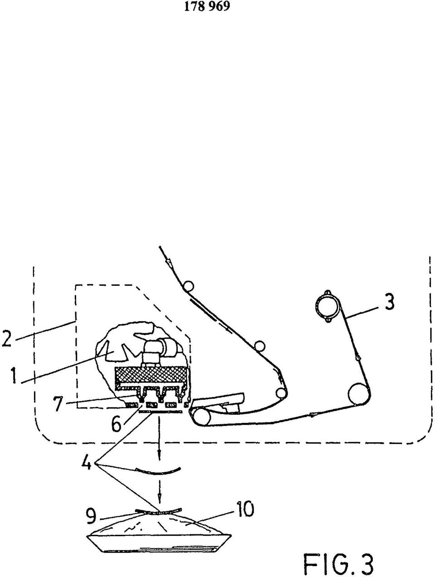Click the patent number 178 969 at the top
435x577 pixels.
tap(207, 6)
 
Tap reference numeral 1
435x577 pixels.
tap(14, 376)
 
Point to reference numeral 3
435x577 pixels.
tap(389, 302)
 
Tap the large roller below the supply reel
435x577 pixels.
tap(359, 394)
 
